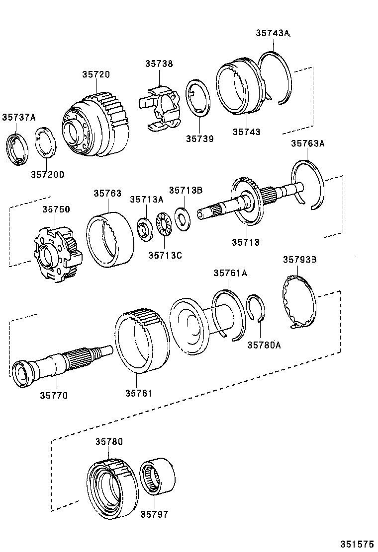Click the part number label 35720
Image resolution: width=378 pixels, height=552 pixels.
[x=96, y=74]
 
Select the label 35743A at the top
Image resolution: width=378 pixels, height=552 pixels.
[x=273, y=33]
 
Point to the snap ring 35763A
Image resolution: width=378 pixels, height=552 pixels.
[x=308, y=184]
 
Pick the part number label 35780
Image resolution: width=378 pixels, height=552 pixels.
[x=109, y=441]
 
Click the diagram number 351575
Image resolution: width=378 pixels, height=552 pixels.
[x=357, y=544]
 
